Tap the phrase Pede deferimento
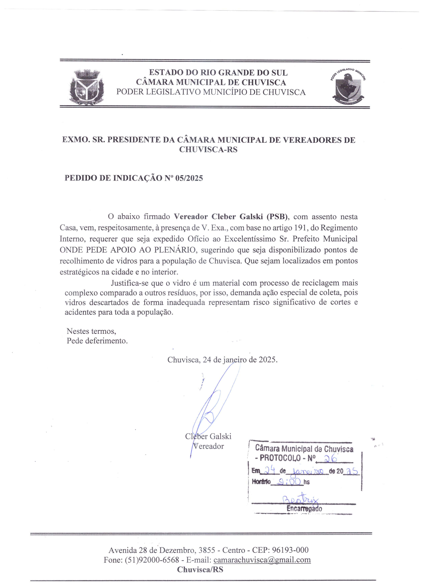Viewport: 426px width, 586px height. pos(97,341)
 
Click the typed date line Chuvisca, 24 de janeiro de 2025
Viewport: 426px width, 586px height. pos(222,360)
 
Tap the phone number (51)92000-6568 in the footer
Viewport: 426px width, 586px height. pos(152,560)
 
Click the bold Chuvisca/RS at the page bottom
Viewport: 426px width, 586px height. pos(200,569)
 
